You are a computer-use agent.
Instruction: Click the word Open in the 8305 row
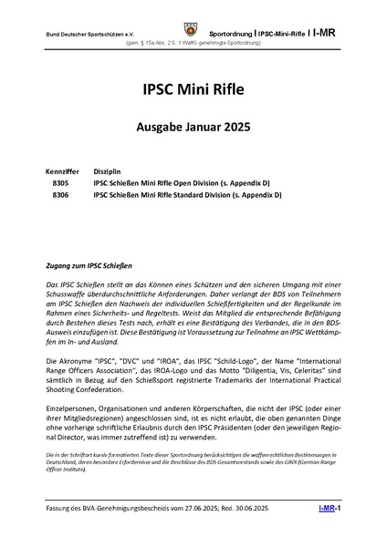[190, 182]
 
